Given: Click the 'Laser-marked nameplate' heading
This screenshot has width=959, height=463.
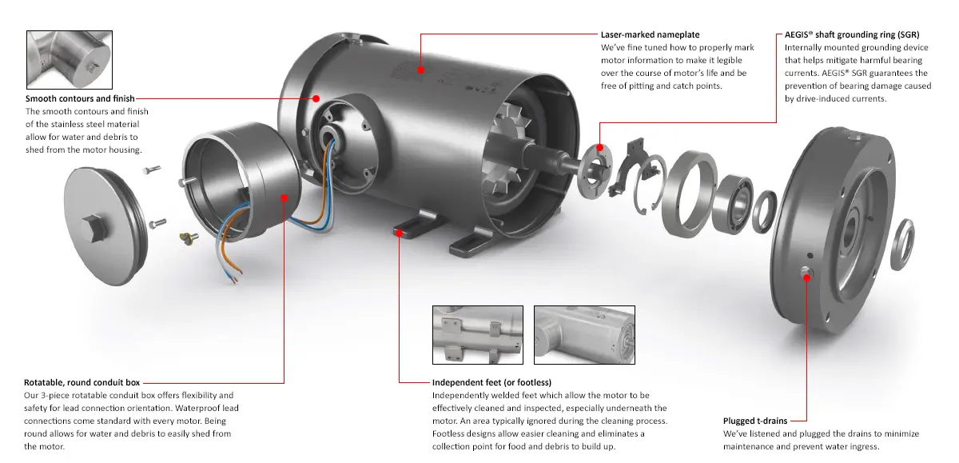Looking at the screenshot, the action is click(650, 34).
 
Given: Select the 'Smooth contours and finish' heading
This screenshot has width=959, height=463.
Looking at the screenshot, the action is click(80, 98).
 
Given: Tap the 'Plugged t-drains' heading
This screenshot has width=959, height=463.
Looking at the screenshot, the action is click(755, 421).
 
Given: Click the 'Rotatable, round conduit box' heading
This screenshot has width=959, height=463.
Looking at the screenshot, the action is click(82, 382).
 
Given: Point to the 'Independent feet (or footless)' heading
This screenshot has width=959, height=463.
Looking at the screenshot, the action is click(491, 382).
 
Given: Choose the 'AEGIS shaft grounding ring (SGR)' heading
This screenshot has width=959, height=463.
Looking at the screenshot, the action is click(852, 34).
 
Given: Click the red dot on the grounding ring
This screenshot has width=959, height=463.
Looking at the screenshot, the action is click(600, 148).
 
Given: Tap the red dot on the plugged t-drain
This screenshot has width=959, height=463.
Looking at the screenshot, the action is click(806, 277).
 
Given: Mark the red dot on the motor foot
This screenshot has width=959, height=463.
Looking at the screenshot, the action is click(399, 233).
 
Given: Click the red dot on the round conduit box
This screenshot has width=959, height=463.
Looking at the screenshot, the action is click(285, 198).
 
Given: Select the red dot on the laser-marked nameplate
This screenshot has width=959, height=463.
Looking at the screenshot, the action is click(421, 70).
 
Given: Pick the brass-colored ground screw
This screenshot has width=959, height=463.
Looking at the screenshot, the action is click(189, 237).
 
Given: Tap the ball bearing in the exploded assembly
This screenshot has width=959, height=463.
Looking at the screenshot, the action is click(733, 204).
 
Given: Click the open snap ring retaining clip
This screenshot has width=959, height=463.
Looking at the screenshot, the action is click(650, 184).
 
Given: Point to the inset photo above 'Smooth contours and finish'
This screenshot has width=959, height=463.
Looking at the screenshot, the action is click(70, 60).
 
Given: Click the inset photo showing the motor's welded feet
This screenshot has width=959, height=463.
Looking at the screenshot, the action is click(478, 335).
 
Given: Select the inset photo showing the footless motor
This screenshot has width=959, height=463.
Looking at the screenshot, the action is click(584, 335).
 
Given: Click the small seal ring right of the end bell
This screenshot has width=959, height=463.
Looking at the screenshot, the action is click(902, 245).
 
